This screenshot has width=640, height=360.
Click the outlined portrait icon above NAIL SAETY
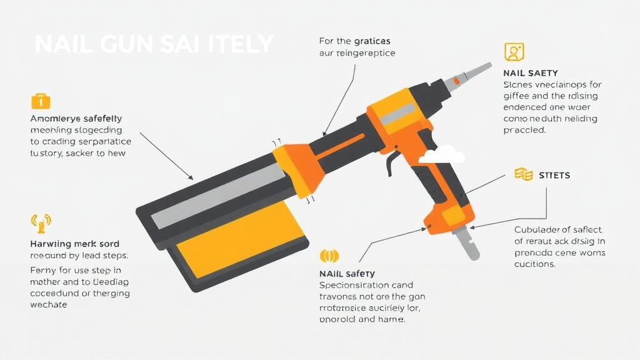514,52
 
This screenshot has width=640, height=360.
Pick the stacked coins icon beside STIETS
522,174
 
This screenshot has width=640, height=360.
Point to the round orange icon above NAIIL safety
329,256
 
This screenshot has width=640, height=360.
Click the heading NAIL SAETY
530,73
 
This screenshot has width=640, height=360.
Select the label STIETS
554,176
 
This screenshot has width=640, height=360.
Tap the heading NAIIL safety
347,273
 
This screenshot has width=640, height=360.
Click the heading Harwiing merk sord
74,244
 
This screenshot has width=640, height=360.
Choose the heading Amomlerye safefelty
76,118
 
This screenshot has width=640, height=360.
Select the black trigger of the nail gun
392,162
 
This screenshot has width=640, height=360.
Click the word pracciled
524,131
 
